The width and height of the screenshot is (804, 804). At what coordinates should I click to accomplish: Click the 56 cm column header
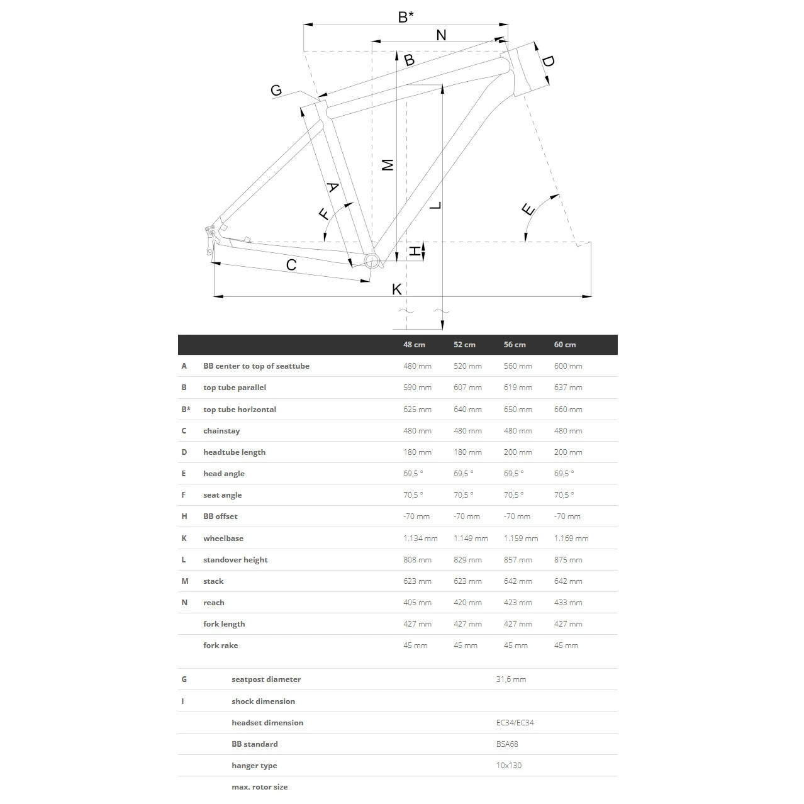pos(515,345)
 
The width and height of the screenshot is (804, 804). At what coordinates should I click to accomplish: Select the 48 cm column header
pos(414,345)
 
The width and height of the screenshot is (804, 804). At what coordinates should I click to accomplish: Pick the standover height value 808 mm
pos(417,560)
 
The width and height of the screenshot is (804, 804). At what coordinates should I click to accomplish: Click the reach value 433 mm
pos(567,603)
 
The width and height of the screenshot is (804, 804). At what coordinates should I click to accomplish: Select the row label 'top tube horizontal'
pos(239,410)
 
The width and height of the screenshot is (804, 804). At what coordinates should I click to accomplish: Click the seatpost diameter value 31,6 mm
pos(511,679)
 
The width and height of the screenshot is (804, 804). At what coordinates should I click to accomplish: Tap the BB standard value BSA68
pos(507,744)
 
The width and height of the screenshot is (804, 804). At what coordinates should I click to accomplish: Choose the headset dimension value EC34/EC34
pos(515,723)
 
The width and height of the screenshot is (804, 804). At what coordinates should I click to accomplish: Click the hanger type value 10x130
pos(508,766)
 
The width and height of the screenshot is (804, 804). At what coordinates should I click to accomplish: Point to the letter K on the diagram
pos(396,289)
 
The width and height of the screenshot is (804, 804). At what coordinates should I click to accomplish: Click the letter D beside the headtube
pos(548,62)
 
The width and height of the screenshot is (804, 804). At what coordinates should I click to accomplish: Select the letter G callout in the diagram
pos(276,91)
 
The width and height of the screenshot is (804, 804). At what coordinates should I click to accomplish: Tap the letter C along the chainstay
pos(291,265)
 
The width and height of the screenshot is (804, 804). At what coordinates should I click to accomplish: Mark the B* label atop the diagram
pos(406,17)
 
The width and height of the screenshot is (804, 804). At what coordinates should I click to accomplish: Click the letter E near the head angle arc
pos(528,209)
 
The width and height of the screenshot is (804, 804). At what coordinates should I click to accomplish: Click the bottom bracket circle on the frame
pos(371,261)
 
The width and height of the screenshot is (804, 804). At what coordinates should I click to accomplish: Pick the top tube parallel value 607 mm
pos(467,388)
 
